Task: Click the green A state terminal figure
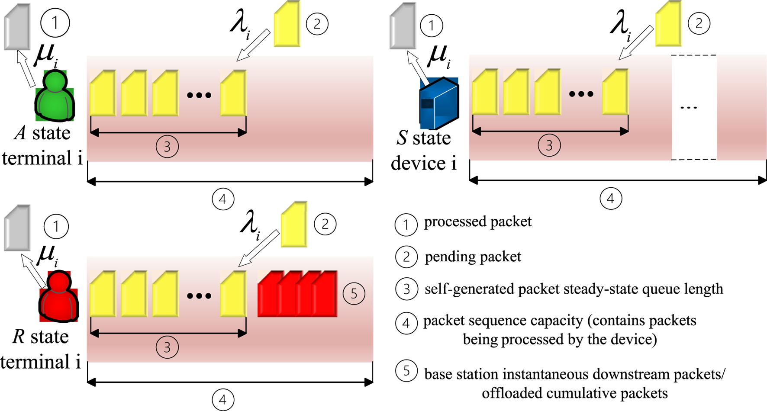point(55,96)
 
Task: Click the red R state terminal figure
point(58,297)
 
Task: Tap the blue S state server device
point(438,103)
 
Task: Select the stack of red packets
point(297,294)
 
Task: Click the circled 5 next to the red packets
point(354,294)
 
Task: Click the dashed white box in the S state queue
point(694,107)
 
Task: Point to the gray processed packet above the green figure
point(18,27)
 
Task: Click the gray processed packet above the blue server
point(403,26)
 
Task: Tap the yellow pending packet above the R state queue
point(294,225)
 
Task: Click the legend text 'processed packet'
point(477,222)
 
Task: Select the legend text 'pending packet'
point(473,257)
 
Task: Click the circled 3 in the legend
point(406,289)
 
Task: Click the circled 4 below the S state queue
point(610,199)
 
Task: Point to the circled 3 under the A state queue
point(167,147)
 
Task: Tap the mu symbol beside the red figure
point(47,255)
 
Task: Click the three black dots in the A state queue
point(199,95)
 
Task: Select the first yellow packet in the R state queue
point(103,294)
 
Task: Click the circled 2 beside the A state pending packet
point(317,24)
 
